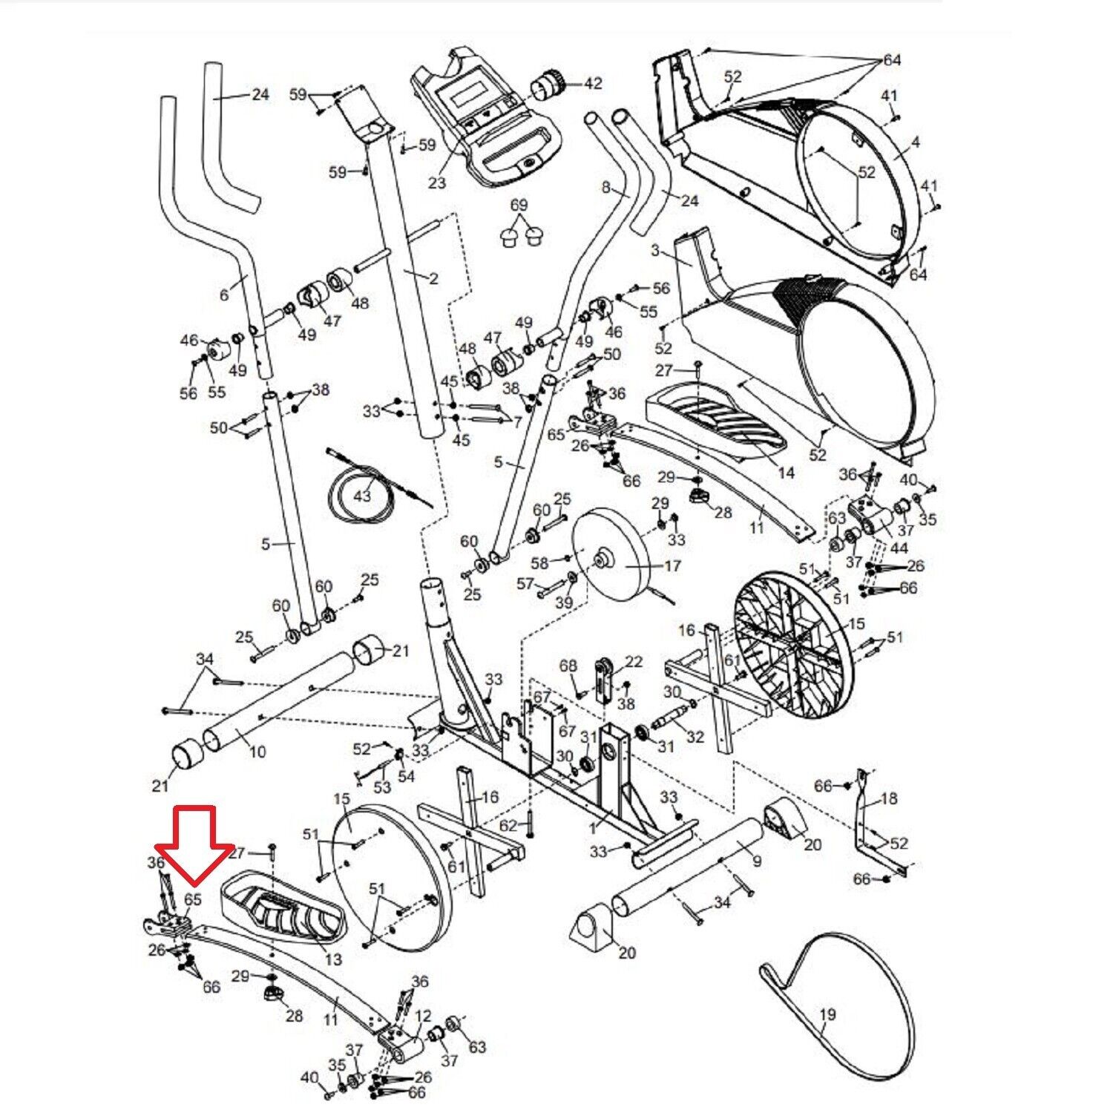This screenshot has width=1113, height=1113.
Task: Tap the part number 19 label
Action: tap(828, 1014)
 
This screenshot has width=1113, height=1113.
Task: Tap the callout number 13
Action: tap(334, 959)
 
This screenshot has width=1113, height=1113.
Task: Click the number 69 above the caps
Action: tap(519, 205)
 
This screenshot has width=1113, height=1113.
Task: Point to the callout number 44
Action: tap(899, 548)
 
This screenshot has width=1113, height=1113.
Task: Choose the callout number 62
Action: tap(508, 825)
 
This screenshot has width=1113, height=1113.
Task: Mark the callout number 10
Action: tap(257, 752)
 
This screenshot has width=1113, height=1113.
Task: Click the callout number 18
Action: tap(889, 798)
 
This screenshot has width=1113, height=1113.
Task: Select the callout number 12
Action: tap(423, 1015)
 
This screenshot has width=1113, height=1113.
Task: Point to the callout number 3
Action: tap(655, 250)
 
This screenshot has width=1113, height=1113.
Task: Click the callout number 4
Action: tap(916, 142)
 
